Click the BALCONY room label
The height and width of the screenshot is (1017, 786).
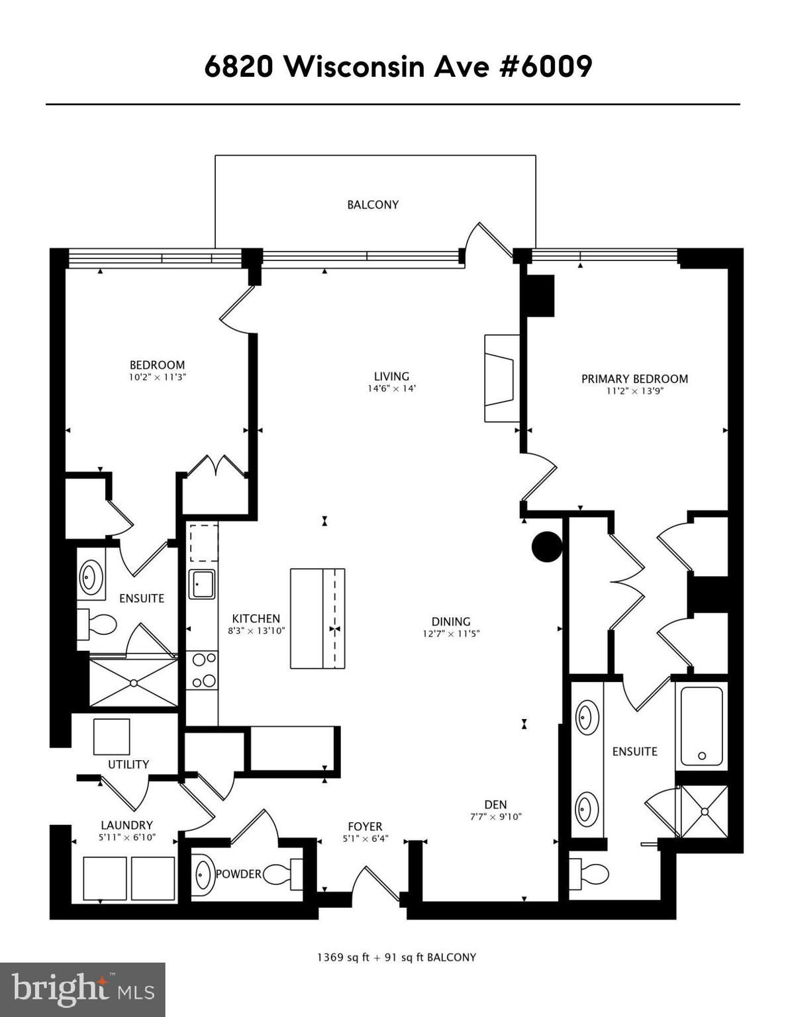coord(373,205)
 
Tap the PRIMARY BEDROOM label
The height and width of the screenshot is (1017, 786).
coord(634,379)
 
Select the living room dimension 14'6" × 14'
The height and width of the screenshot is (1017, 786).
coord(391,389)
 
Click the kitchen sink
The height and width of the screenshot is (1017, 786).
coord(202,584)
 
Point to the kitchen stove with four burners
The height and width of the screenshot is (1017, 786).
coord(202,671)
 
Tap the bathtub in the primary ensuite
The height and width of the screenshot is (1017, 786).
coord(701,726)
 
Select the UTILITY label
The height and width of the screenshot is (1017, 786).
coord(128,764)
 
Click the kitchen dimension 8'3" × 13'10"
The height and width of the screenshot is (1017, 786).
coord(256,630)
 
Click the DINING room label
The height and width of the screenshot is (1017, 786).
coord(450,622)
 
